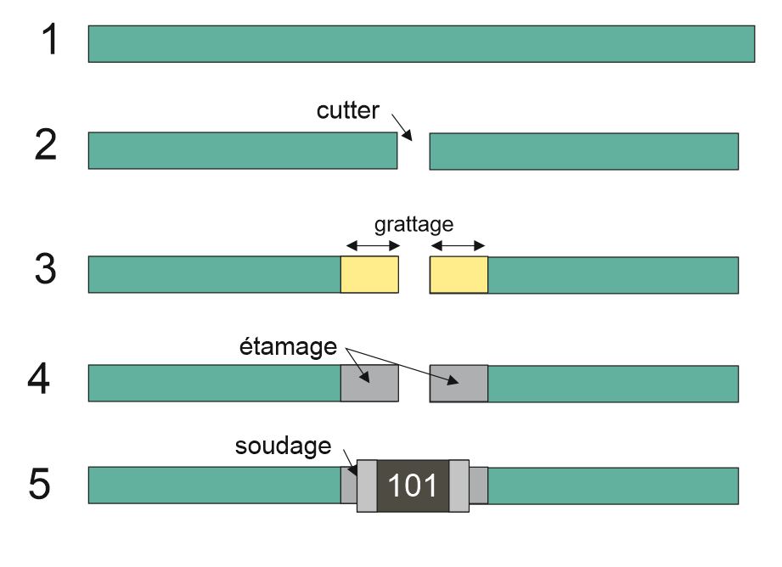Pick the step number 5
(x=40, y=485)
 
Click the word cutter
(x=348, y=111)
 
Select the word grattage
(x=414, y=225)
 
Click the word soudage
(x=283, y=446)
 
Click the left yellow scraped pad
(x=369, y=274)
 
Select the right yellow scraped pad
(x=459, y=274)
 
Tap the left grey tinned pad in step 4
(x=369, y=383)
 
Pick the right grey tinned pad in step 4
(x=459, y=383)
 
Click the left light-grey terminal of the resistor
(x=367, y=486)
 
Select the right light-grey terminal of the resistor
(x=459, y=486)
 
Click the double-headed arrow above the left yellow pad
(x=370, y=246)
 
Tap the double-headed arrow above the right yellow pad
(x=459, y=246)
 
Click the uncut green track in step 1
(x=421, y=43)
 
